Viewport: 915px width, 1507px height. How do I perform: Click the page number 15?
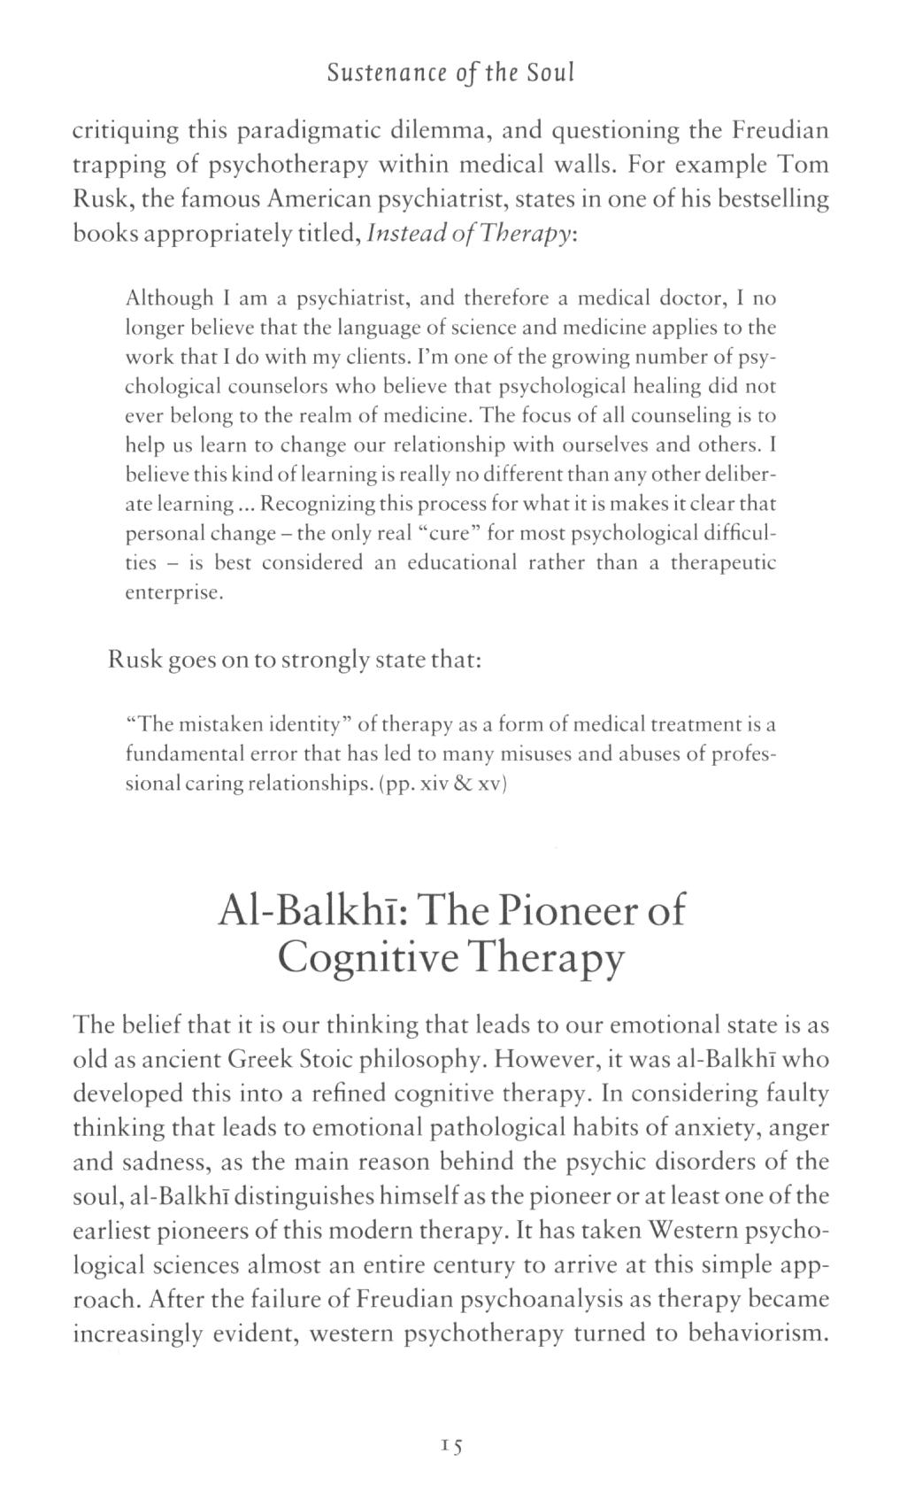(x=451, y=1446)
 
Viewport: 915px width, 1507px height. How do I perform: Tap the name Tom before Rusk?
(x=804, y=166)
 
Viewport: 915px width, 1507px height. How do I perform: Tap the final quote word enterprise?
(x=173, y=592)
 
